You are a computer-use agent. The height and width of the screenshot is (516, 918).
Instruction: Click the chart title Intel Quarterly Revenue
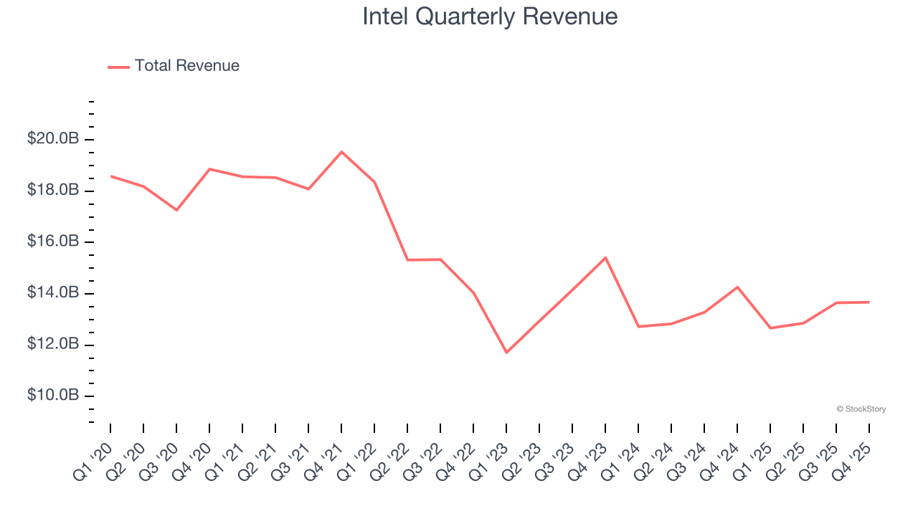tap(490, 16)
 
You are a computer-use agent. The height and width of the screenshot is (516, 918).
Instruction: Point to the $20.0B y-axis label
tap(53, 139)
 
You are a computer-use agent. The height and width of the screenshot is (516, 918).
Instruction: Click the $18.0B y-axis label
tap(53, 191)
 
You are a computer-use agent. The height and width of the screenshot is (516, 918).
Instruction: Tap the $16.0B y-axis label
tap(53, 242)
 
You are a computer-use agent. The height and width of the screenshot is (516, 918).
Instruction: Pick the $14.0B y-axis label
tap(53, 293)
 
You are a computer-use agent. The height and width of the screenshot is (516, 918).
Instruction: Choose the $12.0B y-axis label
tap(53, 345)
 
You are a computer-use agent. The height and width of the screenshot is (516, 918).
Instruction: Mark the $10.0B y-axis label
tap(53, 396)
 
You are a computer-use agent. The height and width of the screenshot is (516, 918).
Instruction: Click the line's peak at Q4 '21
tap(341, 152)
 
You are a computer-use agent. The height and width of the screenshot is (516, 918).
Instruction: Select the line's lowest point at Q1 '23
tap(506, 352)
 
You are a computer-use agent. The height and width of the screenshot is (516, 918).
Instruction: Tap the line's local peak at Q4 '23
tap(605, 257)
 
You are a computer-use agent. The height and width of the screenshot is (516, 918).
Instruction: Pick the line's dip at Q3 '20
tap(176, 210)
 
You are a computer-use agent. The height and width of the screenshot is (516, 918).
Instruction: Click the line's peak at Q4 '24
tap(737, 287)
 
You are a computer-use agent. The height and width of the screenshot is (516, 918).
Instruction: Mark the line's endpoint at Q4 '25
tap(869, 302)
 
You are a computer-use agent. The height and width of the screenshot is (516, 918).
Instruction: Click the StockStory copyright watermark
tap(861, 409)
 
